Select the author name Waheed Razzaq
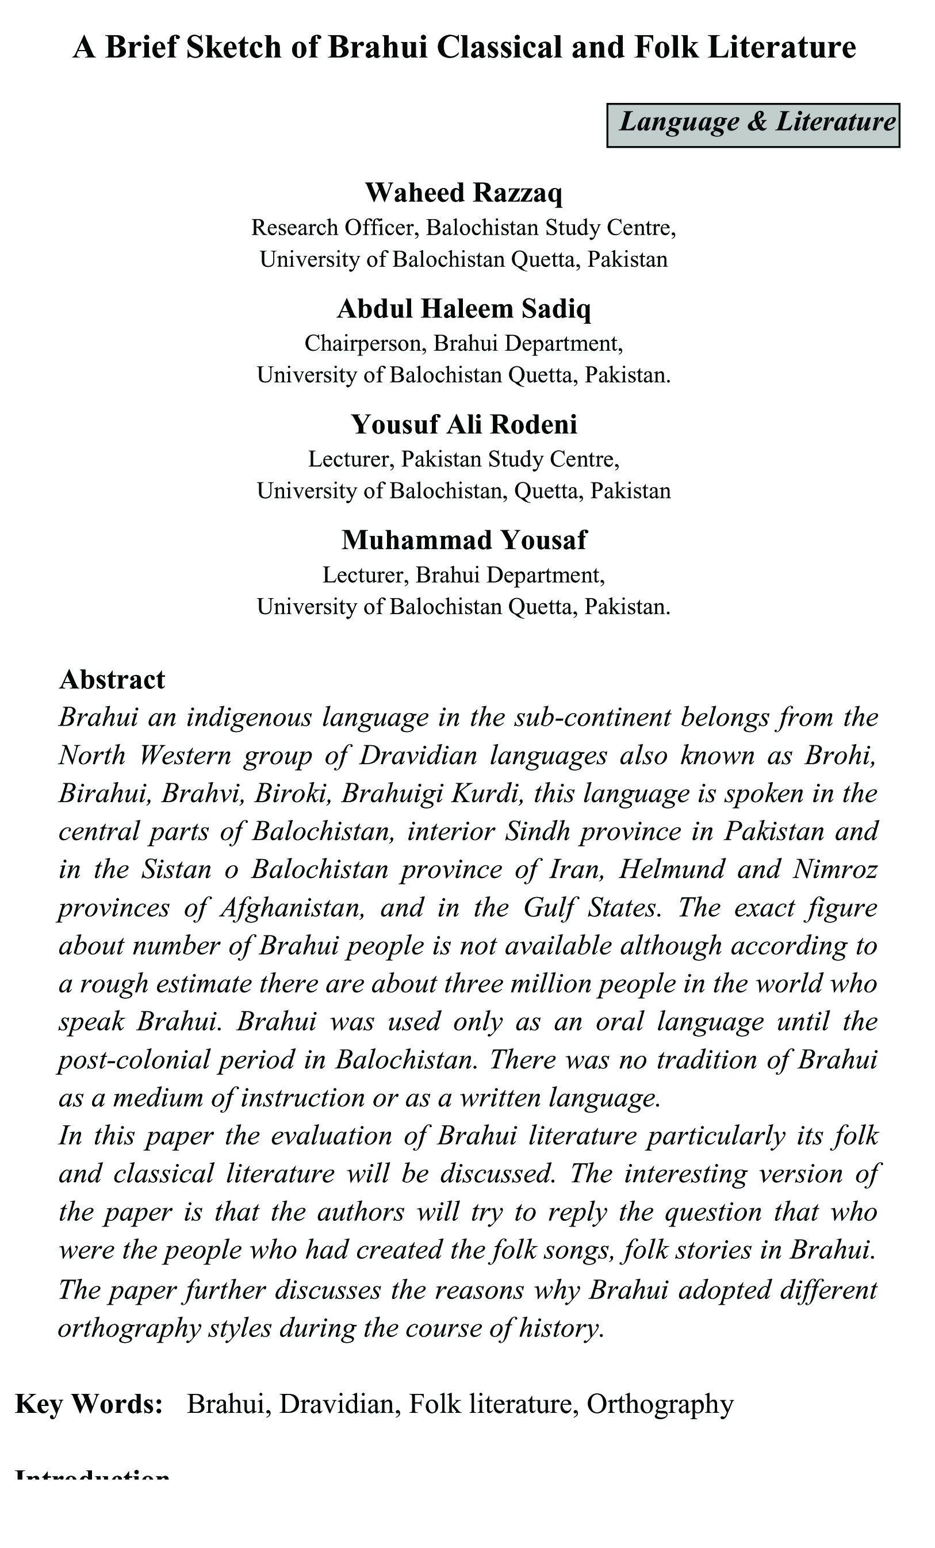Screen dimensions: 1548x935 [463, 193]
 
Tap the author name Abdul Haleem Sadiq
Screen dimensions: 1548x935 [463, 309]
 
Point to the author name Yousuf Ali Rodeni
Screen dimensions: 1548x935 [463, 425]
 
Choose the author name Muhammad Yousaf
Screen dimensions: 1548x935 [463, 541]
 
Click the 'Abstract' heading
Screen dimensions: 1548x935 [112, 680]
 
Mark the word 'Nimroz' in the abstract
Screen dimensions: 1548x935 [835, 870]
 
